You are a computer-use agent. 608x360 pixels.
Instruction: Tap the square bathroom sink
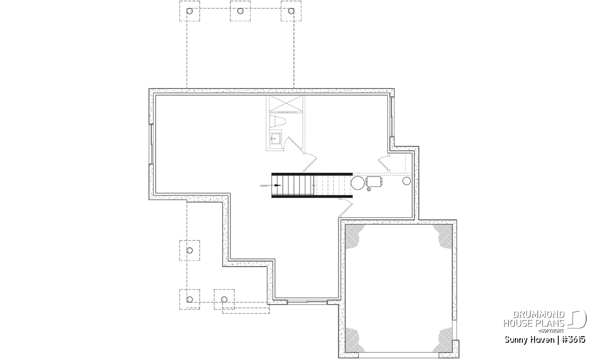[x=276, y=139]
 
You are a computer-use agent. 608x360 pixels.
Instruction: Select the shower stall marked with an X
[x=286, y=103]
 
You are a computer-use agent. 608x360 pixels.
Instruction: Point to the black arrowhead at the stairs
[x=278, y=185]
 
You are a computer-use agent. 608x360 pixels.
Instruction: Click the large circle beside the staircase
[x=358, y=183]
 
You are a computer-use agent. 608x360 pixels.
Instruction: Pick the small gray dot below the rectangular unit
[x=369, y=189]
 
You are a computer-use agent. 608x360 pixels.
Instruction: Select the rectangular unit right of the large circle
[x=374, y=181]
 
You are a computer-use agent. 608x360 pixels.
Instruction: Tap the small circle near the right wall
[x=406, y=181]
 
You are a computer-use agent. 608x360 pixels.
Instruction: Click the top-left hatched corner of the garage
[x=354, y=235]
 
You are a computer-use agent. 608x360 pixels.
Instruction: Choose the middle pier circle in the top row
[x=240, y=11]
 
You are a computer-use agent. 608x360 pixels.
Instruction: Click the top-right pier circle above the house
[x=291, y=11]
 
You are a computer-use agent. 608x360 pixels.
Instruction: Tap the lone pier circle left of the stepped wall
[x=189, y=251]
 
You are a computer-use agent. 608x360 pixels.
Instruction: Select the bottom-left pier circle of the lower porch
[x=189, y=300]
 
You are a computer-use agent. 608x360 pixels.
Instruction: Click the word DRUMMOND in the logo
[x=539, y=315]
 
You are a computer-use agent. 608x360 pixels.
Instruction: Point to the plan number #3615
[x=573, y=340]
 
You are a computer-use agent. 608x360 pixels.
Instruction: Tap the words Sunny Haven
[x=529, y=340]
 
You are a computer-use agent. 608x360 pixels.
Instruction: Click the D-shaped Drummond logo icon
[x=578, y=319]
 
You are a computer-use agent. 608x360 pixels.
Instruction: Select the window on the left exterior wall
[x=151, y=144]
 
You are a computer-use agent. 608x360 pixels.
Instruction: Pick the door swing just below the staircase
[x=346, y=208]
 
